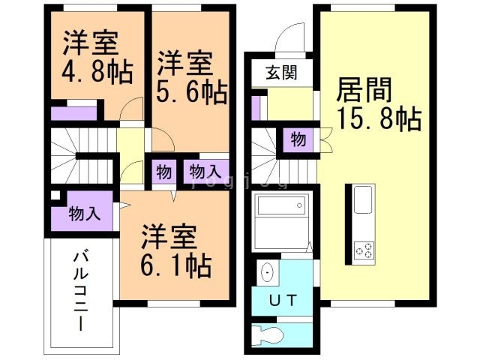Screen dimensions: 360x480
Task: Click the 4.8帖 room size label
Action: (x=97, y=73)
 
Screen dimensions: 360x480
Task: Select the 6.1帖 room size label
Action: (x=176, y=265)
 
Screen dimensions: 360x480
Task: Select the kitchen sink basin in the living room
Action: (x=361, y=202)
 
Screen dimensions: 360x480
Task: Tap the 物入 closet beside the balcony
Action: (x=83, y=213)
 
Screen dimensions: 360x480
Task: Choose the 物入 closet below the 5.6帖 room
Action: (x=205, y=171)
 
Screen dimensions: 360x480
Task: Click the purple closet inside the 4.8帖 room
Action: (x=74, y=114)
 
